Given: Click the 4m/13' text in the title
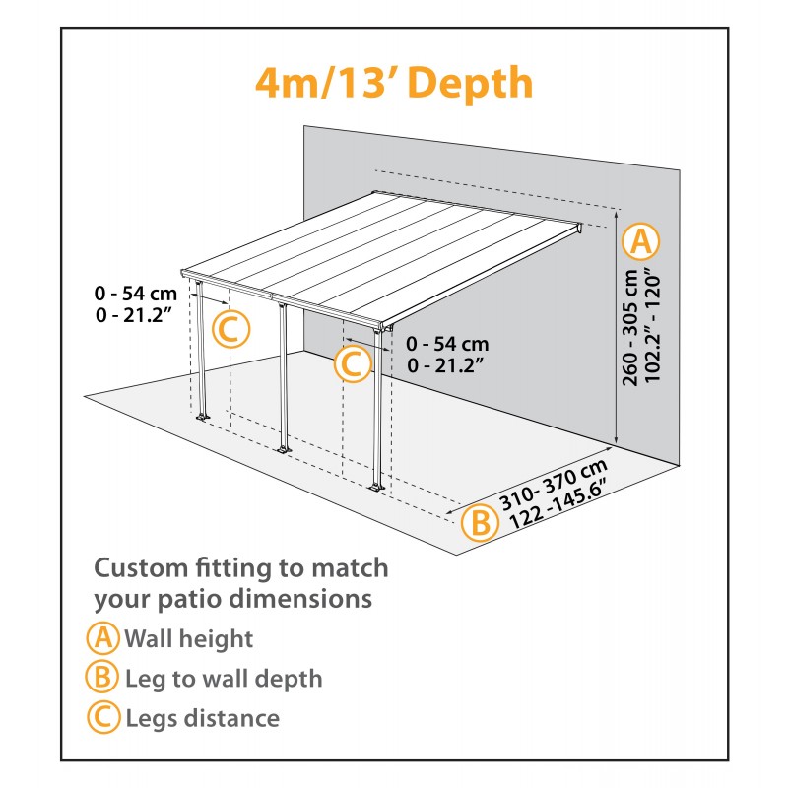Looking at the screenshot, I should [324, 84].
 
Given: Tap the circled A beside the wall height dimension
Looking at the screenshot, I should [642, 240].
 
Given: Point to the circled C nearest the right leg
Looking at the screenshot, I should [352, 364].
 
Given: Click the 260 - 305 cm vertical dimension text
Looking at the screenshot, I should [632, 335].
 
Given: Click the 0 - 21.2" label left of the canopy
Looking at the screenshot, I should [134, 314].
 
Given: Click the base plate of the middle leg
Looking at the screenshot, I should [284, 451].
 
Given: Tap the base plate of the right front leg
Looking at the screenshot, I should [376, 488].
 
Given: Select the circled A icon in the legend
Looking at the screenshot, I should [102, 638].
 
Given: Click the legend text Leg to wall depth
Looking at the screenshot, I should [224, 679].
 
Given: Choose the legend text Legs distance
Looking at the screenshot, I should [202, 718].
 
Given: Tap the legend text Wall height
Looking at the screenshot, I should [188, 638].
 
